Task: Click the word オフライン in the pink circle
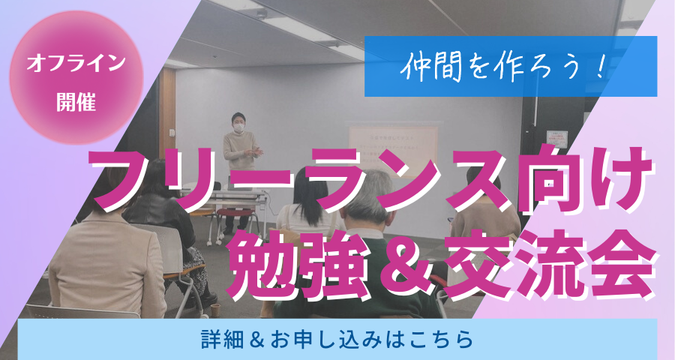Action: point(76,63)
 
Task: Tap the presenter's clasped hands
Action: point(255,151)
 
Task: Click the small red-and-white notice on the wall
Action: point(556,139)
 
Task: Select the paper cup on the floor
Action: point(215,309)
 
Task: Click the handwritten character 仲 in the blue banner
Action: point(412,68)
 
